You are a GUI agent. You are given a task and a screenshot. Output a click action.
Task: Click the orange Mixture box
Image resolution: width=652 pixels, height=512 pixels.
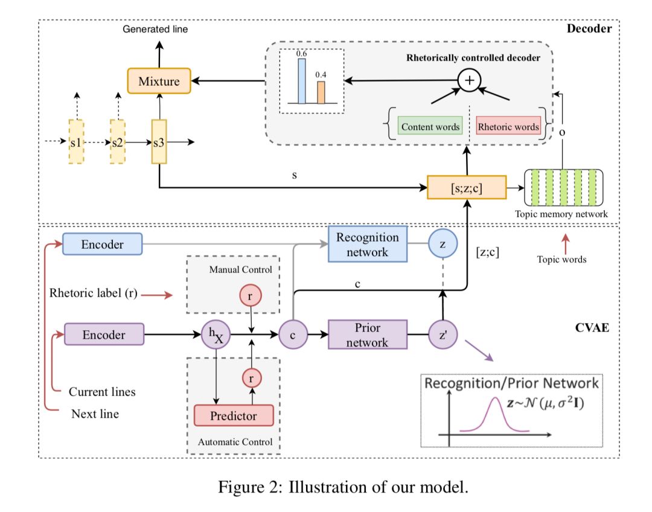click(159, 81)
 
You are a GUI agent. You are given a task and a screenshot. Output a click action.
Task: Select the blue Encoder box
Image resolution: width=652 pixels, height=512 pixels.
click(102, 245)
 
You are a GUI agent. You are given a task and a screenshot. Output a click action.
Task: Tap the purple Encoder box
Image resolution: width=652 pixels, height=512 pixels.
click(104, 334)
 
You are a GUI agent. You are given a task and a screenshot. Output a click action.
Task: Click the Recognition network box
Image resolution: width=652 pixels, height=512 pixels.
click(368, 245)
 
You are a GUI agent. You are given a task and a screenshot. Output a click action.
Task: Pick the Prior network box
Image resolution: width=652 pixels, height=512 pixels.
click(368, 334)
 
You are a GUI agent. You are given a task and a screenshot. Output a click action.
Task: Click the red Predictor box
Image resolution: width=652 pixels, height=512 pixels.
click(233, 415)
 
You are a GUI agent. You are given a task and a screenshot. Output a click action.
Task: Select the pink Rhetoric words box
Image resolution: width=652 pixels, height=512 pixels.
click(508, 127)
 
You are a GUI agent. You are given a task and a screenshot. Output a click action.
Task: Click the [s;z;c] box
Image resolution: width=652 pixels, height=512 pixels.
click(466, 188)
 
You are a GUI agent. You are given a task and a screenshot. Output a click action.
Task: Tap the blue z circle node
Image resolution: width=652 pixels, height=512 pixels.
click(444, 245)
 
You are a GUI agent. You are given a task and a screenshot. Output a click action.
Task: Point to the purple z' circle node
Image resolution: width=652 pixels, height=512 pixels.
click(444, 334)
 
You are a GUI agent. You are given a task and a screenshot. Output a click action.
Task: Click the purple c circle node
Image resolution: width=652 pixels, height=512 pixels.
click(293, 334)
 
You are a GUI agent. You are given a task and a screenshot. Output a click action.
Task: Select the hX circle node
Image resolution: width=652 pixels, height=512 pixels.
click(216, 334)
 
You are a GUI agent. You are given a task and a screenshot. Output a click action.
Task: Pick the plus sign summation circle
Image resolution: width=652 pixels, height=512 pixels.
click(468, 80)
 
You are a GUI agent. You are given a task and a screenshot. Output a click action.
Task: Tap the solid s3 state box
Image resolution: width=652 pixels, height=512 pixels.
click(159, 142)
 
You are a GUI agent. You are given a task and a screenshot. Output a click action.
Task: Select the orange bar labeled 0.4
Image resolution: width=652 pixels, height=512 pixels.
click(321, 92)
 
